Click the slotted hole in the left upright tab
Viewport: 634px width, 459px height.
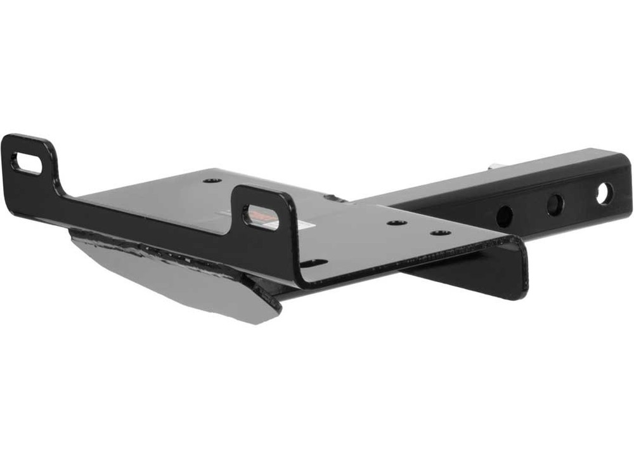pyautogui.click(x=26, y=164)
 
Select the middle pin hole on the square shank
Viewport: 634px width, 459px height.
pyautogui.click(x=555, y=204)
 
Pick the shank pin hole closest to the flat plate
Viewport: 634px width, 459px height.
pyautogui.click(x=504, y=216)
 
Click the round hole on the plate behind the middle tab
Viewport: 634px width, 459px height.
pyautogui.click(x=212, y=180)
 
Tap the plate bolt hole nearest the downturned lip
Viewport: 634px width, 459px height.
pyautogui.click(x=441, y=232)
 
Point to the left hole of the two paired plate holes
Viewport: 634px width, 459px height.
pyautogui.click(x=398, y=223)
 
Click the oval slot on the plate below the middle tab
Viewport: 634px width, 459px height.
pyautogui.click(x=314, y=262)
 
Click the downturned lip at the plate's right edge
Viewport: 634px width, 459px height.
pyautogui.click(x=517, y=267)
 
